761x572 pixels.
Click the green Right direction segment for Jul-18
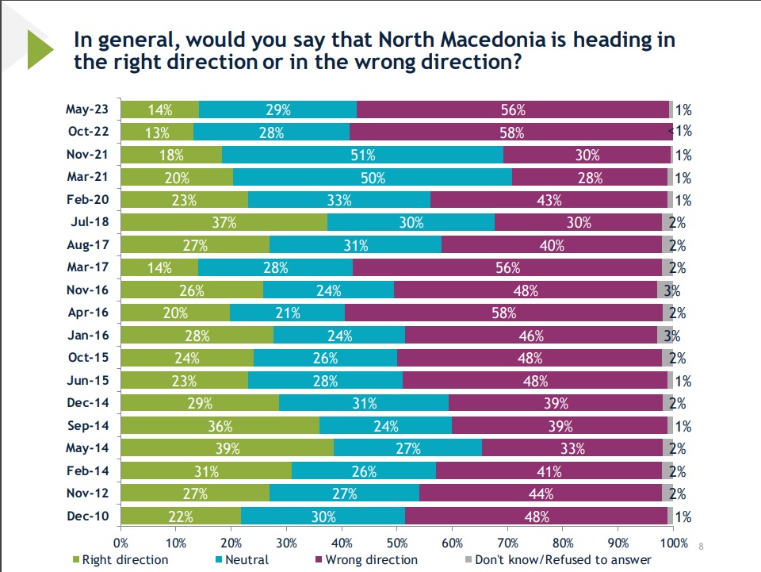pos(224,223)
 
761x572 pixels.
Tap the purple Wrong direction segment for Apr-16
pos(504,313)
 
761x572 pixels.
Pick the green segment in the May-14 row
pos(228,448)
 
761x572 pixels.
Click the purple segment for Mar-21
pos(590,178)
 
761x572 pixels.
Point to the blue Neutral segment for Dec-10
pos(323,516)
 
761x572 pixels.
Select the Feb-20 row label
pos(88,200)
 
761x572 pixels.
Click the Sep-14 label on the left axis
pos(88,425)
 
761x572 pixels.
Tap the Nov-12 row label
pos(88,493)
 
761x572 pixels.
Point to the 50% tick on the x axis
pos(397,543)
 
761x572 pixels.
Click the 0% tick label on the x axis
pos(121,543)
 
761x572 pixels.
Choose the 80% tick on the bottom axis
pos(564,543)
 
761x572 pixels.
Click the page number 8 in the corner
pos(701,546)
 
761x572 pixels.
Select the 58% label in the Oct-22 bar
pos(511,132)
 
